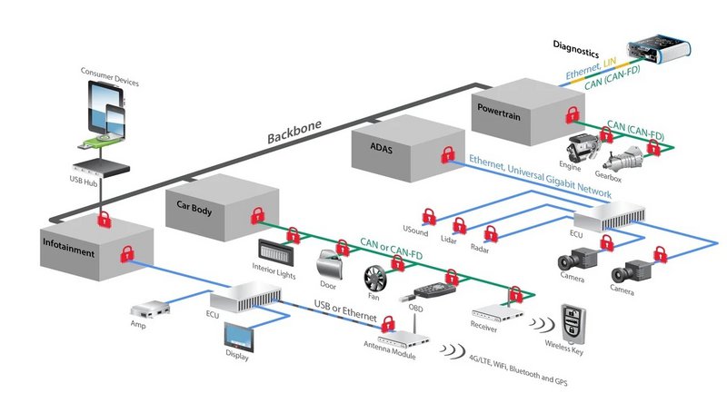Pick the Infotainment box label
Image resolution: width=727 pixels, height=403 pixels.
[68, 253]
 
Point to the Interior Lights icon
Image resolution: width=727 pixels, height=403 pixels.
[276, 250]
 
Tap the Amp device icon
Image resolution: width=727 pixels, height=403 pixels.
[145, 311]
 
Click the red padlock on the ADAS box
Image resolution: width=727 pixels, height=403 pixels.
[447, 156]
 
